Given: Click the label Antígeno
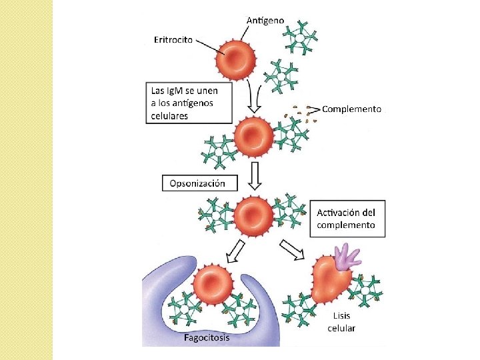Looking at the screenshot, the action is click(x=265, y=21).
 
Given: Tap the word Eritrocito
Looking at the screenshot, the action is click(x=173, y=40).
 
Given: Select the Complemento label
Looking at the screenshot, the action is click(x=352, y=109).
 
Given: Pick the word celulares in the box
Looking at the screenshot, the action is click(x=169, y=116).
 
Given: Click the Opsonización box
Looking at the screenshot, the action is click(x=199, y=183).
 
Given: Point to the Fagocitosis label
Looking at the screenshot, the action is click(x=207, y=337).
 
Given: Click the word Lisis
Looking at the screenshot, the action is click(x=341, y=315).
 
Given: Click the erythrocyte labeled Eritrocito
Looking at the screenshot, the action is click(x=236, y=59).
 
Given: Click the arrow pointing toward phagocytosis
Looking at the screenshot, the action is click(x=235, y=252).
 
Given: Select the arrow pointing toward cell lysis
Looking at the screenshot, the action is click(x=292, y=249).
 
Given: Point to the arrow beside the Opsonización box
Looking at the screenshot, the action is click(x=255, y=176).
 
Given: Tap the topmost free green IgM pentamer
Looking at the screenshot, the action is click(x=300, y=38).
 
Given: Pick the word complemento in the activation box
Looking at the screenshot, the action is click(x=346, y=225).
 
